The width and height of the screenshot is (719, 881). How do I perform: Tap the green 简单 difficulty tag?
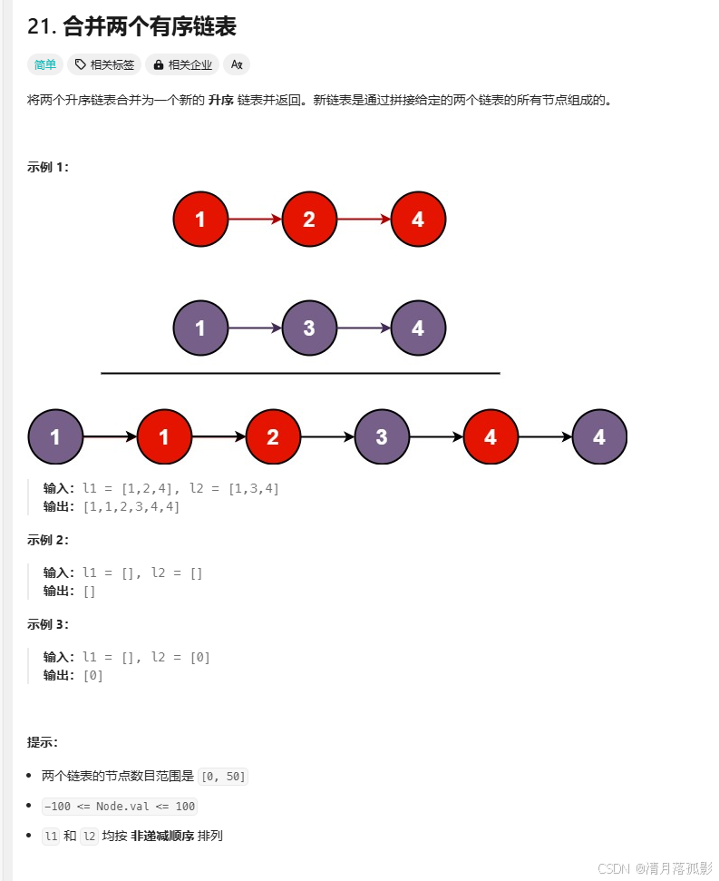tap(44, 64)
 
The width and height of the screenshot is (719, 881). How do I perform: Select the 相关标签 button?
tap(104, 64)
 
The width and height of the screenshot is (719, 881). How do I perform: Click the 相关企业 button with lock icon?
tap(181, 64)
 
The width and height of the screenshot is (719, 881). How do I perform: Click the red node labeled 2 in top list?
tap(309, 219)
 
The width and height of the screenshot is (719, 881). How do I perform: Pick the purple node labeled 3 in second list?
tap(309, 328)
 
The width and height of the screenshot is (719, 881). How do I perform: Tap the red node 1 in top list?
tap(200, 219)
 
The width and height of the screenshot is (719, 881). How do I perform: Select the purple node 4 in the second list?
tap(418, 328)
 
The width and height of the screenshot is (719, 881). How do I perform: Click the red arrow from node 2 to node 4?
tap(364, 219)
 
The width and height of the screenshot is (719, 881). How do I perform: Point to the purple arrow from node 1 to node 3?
tap(255, 328)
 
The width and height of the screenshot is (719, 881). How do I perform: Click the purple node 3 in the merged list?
tap(382, 436)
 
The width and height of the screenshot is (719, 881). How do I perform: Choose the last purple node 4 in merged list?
tap(599, 436)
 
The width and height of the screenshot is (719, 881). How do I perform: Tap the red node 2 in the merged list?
tap(273, 436)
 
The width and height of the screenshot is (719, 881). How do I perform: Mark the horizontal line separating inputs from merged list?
tap(300, 373)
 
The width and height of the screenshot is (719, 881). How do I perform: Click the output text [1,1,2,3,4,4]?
tap(131, 506)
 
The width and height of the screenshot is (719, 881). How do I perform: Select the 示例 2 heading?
tap(48, 540)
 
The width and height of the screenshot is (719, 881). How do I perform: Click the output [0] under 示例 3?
tap(92, 675)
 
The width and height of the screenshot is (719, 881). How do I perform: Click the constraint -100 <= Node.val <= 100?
tap(119, 806)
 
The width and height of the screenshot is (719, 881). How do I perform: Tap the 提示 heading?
tap(43, 742)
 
